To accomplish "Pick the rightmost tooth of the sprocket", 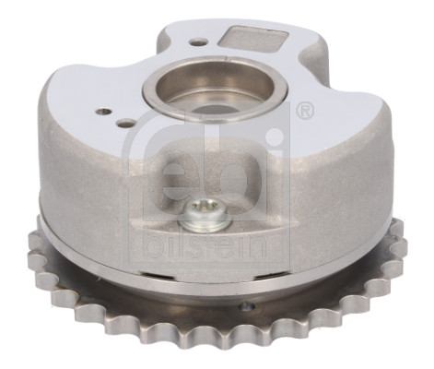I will (x=398, y=242).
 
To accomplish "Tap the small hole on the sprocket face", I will (x=245, y=306).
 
